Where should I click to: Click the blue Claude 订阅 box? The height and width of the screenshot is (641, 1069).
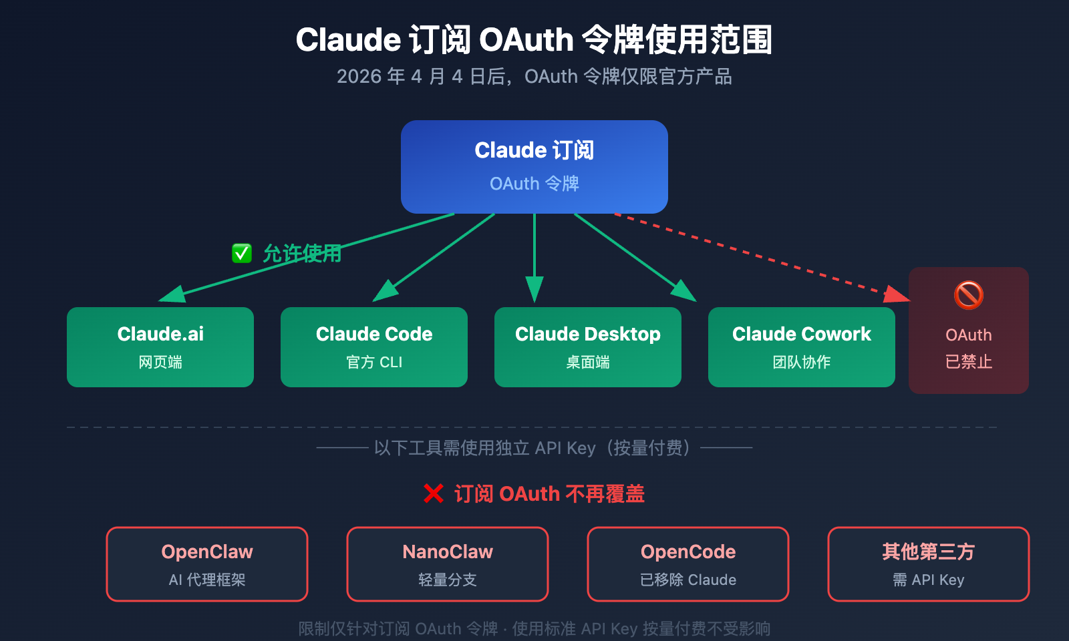(534, 167)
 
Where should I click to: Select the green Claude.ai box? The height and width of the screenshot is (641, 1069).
(160, 347)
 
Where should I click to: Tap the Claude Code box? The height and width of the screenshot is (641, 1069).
(374, 347)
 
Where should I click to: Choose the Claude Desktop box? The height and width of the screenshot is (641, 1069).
(588, 347)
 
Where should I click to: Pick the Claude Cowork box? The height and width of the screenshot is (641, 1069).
(802, 347)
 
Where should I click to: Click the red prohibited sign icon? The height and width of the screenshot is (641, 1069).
(969, 294)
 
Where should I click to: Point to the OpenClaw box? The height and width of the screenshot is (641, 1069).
(207, 564)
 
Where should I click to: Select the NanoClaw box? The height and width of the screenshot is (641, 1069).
(448, 564)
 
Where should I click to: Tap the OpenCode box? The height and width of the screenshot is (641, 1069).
(688, 564)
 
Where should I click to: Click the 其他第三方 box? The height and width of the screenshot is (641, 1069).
(929, 564)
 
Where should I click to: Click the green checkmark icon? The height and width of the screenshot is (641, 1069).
(242, 253)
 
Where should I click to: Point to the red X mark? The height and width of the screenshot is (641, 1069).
(434, 494)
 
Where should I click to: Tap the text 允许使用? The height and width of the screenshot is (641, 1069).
(302, 254)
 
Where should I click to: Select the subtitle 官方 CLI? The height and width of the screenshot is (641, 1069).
(374, 363)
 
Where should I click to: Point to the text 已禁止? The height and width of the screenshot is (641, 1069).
(969, 362)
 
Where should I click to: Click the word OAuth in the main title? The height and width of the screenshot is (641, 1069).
(526, 40)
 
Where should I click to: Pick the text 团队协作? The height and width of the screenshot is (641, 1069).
(802, 363)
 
